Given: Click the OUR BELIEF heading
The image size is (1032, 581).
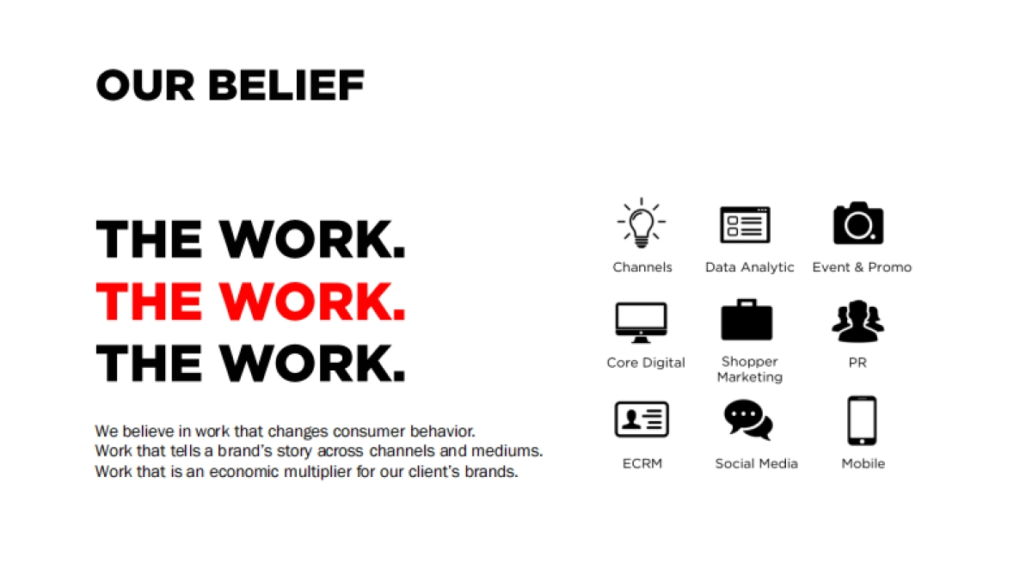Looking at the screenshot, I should pyautogui.click(x=230, y=86).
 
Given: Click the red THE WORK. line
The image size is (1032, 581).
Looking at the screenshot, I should pyautogui.click(x=250, y=301).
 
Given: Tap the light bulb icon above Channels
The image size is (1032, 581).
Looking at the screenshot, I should pyautogui.click(x=642, y=223).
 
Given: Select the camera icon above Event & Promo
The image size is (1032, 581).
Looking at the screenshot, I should pyautogui.click(x=858, y=223).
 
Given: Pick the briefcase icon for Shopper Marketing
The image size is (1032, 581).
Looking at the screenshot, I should pyautogui.click(x=746, y=320).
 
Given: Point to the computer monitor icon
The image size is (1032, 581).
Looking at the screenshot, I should pyautogui.click(x=642, y=323).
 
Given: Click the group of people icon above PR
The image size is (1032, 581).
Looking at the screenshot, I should pyautogui.click(x=857, y=321).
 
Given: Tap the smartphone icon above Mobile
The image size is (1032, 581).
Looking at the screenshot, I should pyautogui.click(x=862, y=420).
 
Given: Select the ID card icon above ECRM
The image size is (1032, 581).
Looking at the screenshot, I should pyautogui.click(x=642, y=419).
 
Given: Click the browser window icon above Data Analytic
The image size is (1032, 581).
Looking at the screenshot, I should pyautogui.click(x=745, y=224).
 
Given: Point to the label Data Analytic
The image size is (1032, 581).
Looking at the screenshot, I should pyautogui.click(x=749, y=267).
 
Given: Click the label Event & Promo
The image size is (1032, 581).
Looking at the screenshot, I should pyautogui.click(x=862, y=267).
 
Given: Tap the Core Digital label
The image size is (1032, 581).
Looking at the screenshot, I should pyautogui.click(x=646, y=363).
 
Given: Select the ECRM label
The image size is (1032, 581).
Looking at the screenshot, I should pyautogui.click(x=642, y=463).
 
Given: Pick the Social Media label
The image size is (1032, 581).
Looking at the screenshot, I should pyautogui.click(x=756, y=463).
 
